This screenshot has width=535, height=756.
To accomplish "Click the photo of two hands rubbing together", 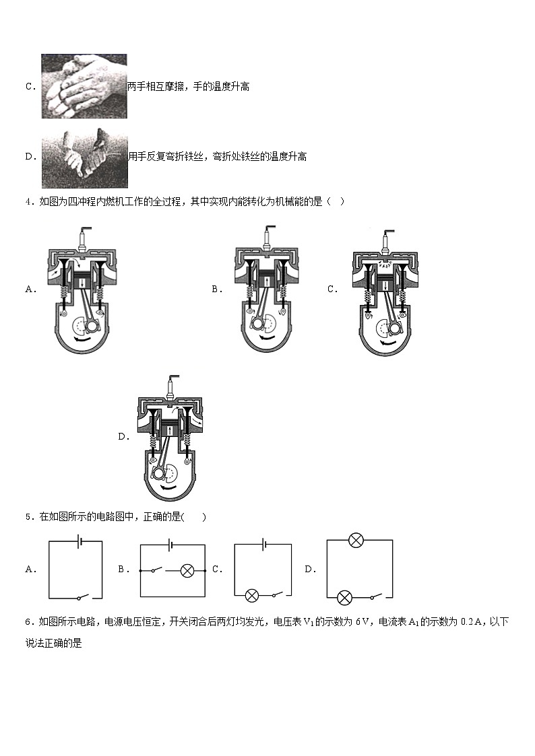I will pos(84,86).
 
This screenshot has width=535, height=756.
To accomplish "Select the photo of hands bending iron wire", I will pos(84,156).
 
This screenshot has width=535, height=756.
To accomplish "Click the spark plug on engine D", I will pos(169,388).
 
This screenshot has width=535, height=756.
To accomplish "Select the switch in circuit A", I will pos(82,596).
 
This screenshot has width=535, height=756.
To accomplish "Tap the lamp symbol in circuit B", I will pos(188,570).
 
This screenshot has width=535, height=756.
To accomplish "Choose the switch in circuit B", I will pos(156,570).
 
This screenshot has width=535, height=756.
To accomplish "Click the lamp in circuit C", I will pos(252,596).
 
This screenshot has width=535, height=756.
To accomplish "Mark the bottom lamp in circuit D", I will pos(344,596).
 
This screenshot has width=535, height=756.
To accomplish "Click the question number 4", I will pos(28,201).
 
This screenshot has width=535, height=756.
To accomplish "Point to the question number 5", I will pos(28,517).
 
